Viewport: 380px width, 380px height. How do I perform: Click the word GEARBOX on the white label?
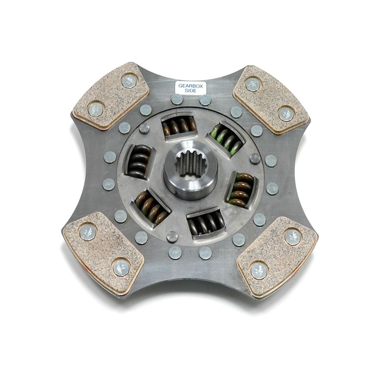[190, 86]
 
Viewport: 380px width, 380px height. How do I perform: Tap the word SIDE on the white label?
[190, 91]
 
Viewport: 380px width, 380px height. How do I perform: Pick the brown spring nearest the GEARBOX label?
[180, 125]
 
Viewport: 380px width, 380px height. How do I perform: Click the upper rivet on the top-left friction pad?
[129, 81]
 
